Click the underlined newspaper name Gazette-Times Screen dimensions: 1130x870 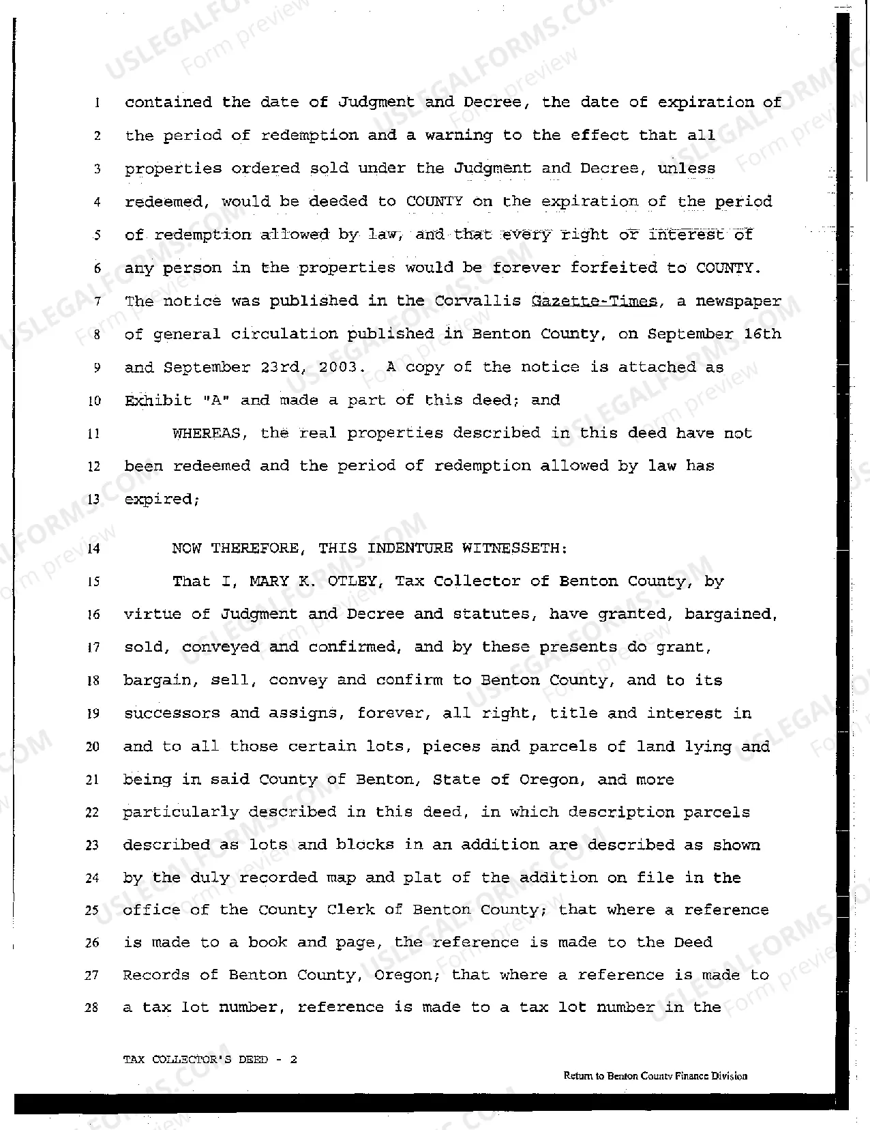point(594,301)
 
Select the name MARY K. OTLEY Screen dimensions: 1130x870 point(313,581)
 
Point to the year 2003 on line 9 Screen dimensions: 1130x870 point(338,367)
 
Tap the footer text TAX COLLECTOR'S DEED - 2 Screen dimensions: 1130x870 point(210,1060)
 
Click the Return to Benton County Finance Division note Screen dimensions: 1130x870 point(655,1076)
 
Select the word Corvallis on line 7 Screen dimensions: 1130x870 point(478,301)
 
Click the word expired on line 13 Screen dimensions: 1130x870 point(161,499)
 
